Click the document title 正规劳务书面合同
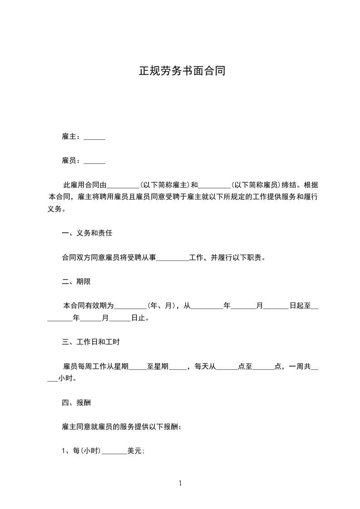point(182,71)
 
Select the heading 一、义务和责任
point(87,234)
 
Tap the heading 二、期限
point(76,282)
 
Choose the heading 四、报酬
point(76,402)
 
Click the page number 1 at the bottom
point(180,483)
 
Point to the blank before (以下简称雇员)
point(215,186)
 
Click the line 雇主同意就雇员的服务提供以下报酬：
point(122,427)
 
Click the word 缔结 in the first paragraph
point(289,185)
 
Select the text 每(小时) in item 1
point(86,451)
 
